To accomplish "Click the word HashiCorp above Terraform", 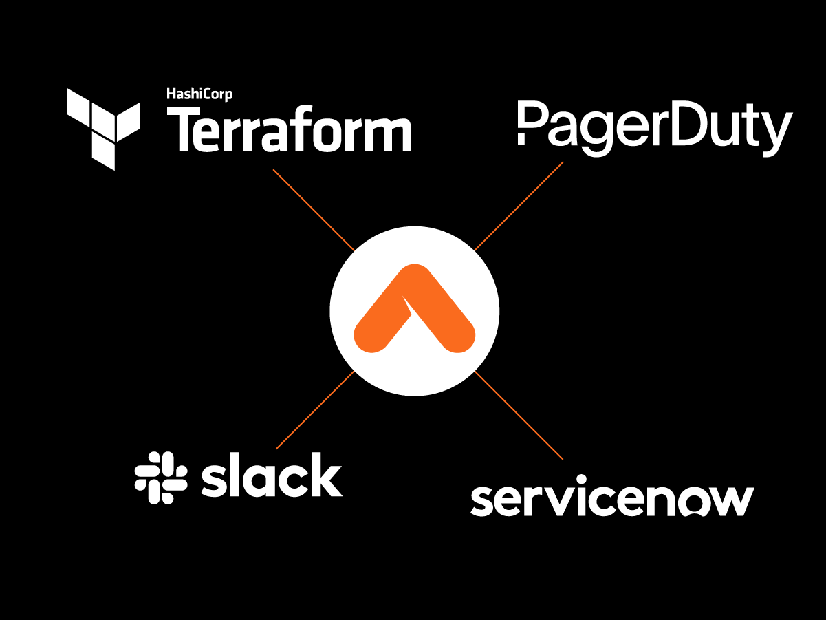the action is click(x=199, y=94).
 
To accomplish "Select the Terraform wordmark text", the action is click(x=289, y=129).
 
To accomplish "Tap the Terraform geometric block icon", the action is click(x=103, y=129).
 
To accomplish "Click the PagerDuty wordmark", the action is click(x=655, y=129).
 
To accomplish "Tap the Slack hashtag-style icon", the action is click(x=161, y=478).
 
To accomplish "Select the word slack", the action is click(x=272, y=474).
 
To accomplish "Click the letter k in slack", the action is click(x=327, y=474).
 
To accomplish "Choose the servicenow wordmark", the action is click(x=612, y=496).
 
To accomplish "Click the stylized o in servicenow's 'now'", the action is click(x=693, y=502).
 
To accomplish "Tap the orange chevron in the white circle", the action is click(x=414, y=308).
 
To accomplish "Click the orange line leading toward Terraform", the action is click(x=314, y=210).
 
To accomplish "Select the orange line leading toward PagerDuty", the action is click(x=519, y=206).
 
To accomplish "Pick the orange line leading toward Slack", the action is click(x=316, y=410).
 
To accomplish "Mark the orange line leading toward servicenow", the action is click(x=519, y=415).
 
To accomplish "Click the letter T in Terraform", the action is click(x=183, y=129).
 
